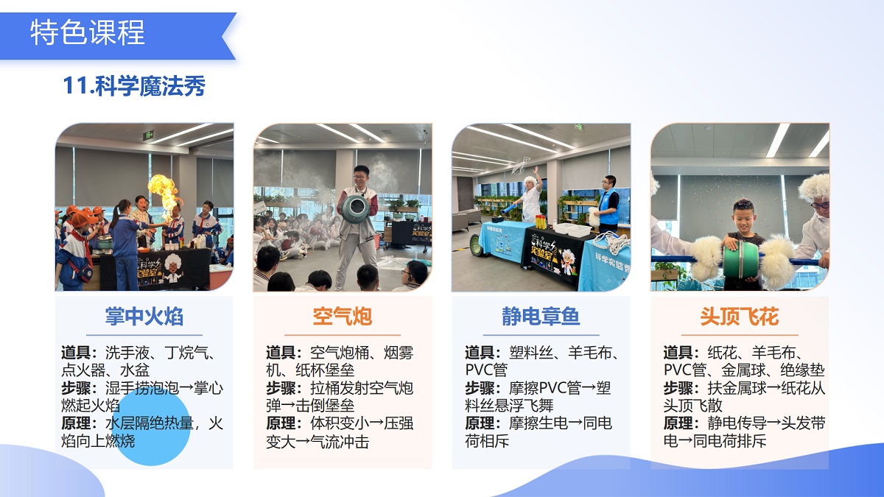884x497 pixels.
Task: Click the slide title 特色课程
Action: tap(88, 33)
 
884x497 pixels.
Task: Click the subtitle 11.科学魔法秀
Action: tap(134, 86)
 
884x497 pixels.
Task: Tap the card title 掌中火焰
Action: tap(144, 317)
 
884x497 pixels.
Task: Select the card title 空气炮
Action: tap(342, 317)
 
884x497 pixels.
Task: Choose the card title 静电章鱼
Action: tap(541, 317)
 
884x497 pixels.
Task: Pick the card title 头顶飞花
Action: tap(739, 317)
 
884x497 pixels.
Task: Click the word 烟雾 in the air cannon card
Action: tap(398, 353)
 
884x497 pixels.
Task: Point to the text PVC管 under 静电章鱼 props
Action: tap(486, 370)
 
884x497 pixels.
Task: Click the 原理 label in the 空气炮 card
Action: tap(284, 424)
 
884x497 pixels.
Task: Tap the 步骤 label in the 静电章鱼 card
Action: tap(483, 388)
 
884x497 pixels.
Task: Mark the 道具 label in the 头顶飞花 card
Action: tap(681, 353)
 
